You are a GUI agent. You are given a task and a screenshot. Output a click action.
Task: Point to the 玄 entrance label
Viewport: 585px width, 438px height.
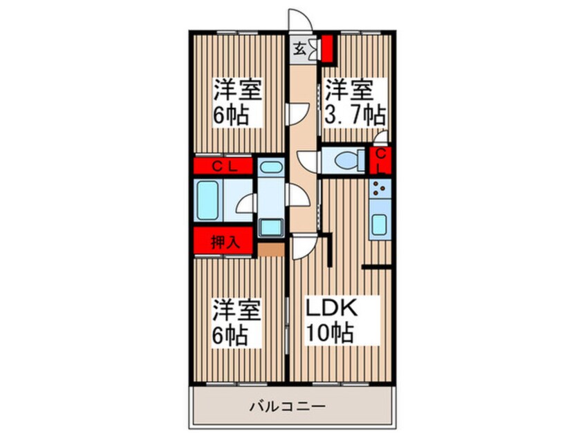(299, 48)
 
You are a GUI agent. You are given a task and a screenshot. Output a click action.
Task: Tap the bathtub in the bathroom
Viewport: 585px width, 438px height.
(210, 201)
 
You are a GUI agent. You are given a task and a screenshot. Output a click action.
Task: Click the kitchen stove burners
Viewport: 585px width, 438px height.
(379, 187)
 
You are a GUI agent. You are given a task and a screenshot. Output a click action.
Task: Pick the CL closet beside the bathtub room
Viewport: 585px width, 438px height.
(225, 166)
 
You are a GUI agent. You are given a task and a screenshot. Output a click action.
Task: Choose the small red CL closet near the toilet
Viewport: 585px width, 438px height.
(381, 160)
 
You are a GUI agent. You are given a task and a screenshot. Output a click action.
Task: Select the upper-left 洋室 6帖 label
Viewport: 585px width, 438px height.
(236, 102)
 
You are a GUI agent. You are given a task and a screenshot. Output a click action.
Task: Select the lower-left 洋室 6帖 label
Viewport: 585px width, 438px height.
(236, 323)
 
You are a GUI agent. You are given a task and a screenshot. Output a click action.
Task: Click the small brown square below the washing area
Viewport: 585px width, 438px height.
(271, 249)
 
